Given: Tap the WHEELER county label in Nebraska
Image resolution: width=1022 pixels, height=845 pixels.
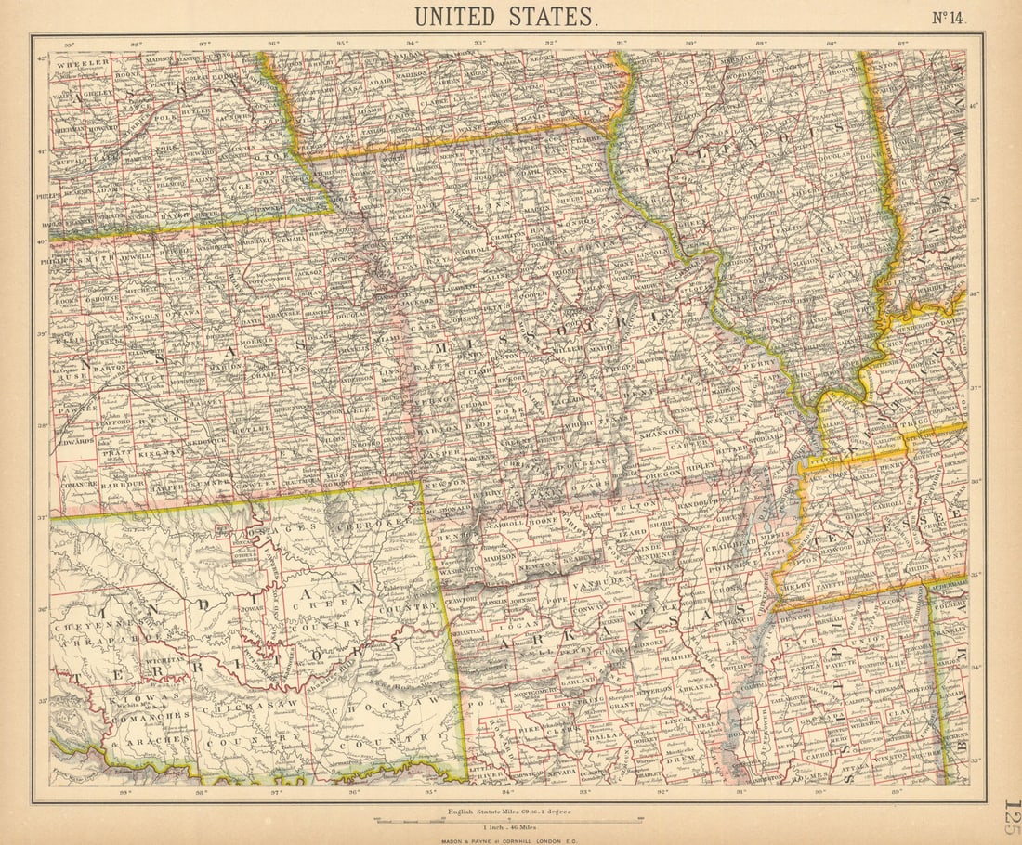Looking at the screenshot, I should (80, 64).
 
